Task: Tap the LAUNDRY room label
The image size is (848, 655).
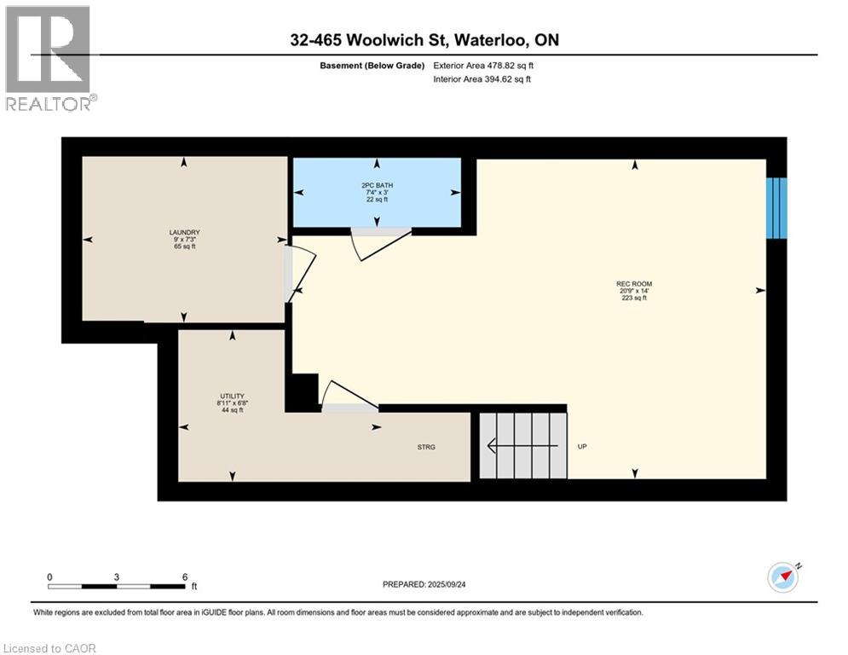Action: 184,232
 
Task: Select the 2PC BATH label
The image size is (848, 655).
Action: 377,185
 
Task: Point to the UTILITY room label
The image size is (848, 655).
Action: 232,396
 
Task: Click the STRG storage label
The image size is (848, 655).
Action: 426,447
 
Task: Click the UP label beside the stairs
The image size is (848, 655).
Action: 582,447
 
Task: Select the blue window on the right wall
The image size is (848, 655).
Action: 776,208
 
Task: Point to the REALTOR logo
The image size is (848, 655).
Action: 49,58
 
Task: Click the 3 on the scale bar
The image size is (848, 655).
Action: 116,577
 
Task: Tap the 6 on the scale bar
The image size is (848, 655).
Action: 185,577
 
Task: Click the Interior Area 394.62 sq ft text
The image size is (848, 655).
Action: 482,79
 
